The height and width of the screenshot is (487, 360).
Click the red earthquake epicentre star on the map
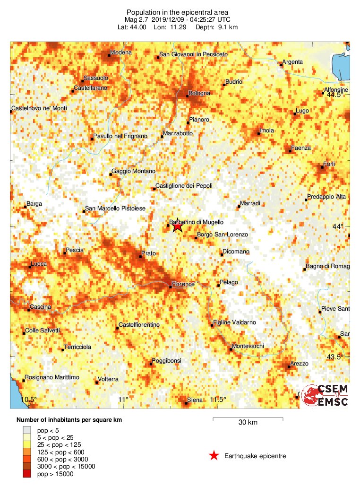(x=177, y=226)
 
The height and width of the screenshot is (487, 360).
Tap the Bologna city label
(x=199, y=93)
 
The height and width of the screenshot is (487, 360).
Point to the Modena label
(x=120, y=52)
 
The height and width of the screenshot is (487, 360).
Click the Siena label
(x=195, y=400)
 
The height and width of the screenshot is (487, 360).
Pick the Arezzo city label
(x=299, y=364)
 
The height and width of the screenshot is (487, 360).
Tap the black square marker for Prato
(x=140, y=257)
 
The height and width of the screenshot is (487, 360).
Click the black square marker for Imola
(x=258, y=133)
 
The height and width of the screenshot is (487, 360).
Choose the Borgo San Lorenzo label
(x=222, y=235)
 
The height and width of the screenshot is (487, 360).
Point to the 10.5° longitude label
(x=28, y=400)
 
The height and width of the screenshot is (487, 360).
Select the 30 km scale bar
(x=248, y=419)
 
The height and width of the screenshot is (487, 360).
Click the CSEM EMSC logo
(x=325, y=395)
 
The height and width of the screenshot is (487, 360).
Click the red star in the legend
(x=214, y=456)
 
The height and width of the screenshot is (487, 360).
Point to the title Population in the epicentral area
(x=178, y=12)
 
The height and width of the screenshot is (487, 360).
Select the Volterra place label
(x=108, y=379)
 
